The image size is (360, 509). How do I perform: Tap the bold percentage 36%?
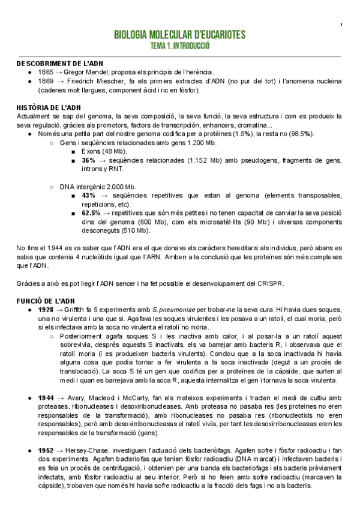(x=88, y=161)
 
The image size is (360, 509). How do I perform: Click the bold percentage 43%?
(x=88, y=196)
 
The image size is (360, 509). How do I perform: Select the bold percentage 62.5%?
(x=91, y=214)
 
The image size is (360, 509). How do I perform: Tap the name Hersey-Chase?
(x=89, y=451)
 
